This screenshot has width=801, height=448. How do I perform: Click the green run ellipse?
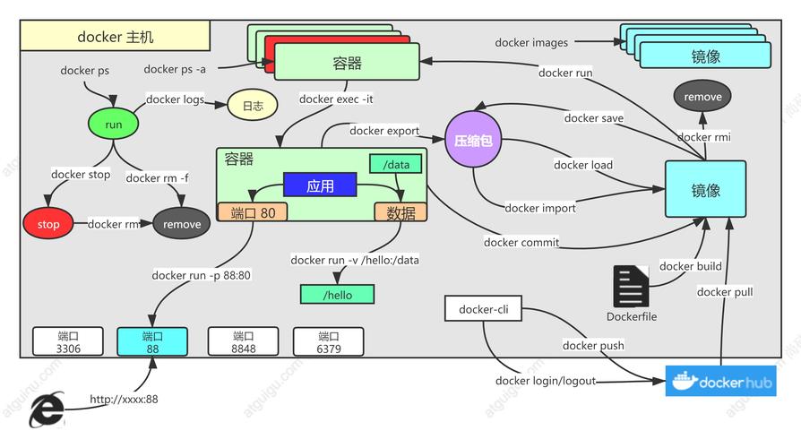114,125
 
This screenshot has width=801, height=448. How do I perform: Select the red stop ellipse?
49,224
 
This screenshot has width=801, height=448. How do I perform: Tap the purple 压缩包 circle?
474,141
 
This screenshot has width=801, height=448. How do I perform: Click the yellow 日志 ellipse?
253,106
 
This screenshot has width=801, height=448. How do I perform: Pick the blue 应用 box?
320,185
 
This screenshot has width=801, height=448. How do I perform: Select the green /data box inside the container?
395,164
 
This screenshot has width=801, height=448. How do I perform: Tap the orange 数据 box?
400,212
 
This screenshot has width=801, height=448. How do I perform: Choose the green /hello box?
337,295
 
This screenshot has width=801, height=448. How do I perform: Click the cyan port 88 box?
151,341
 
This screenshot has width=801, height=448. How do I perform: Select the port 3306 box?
68,341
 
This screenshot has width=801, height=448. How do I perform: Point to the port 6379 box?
329,341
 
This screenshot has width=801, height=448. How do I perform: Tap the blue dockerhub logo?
720,381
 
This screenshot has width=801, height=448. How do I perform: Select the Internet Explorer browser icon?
47,410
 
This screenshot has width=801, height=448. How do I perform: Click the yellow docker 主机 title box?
116,37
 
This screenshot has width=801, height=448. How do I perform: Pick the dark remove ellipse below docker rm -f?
182,224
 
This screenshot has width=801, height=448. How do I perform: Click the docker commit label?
521,242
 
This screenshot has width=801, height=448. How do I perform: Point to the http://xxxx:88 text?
124,399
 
